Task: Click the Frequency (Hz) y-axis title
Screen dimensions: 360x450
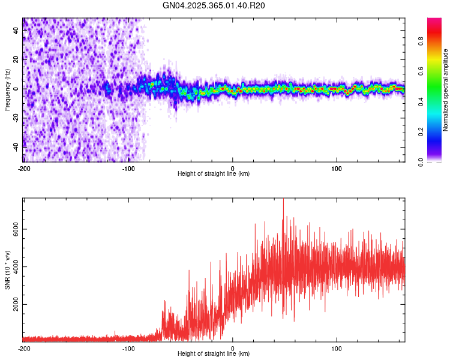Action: pyautogui.click(x=7, y=89)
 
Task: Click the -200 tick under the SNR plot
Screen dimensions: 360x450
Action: pyautogui.click(x=24, y=348)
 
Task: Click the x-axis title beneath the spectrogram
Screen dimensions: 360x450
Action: pyautogui.click(x=214, y=174)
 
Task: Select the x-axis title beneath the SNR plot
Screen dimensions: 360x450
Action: pyautogui.click(x=214, y=354)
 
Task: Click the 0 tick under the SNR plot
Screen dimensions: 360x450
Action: pyautogui.click(x=233, y=348)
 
